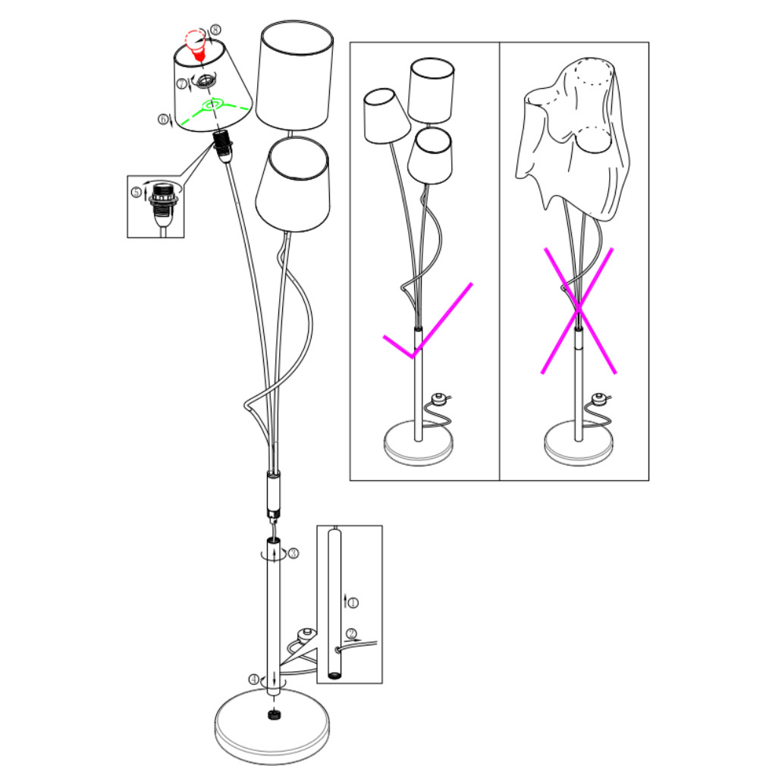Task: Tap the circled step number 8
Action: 215,30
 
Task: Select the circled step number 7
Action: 182,83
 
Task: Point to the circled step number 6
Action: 163,119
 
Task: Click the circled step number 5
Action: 137,192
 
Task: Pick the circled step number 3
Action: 293,554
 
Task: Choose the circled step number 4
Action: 253,680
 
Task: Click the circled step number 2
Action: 350,634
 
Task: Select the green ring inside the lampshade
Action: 213,104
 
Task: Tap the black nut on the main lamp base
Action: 274,715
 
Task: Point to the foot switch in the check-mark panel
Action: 439,399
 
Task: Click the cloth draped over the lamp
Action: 573,137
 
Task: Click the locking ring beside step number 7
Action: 207,80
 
